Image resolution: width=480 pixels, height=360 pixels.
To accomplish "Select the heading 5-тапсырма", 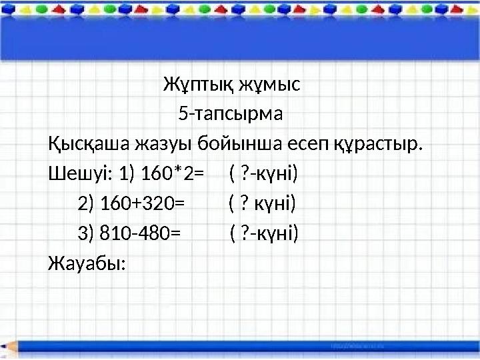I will click(231, 115).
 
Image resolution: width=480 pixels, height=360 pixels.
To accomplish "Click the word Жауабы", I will click(87, 263).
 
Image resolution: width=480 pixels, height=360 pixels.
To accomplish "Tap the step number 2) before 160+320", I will click(86, 203).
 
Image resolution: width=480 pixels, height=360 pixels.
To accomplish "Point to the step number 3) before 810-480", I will click(86, 233).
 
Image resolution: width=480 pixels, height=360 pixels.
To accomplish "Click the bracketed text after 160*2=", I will click(263, 174).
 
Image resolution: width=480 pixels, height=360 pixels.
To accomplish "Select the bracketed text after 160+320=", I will click(261, 203).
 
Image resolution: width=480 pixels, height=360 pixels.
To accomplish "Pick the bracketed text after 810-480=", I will click(264, 233).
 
